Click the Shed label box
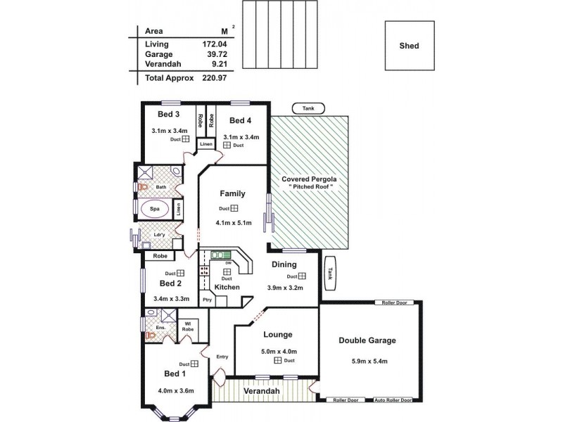coord(409,46)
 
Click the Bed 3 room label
coord(169,114)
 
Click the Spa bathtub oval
coord(153,209)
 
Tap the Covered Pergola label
coord(309,179)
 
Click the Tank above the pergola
coord(308,109)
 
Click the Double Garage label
coord(367,340)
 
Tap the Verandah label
coord(262,390)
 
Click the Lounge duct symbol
coord(278,360)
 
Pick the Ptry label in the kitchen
coord(207,300)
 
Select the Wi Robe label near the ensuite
coord(188,326)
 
